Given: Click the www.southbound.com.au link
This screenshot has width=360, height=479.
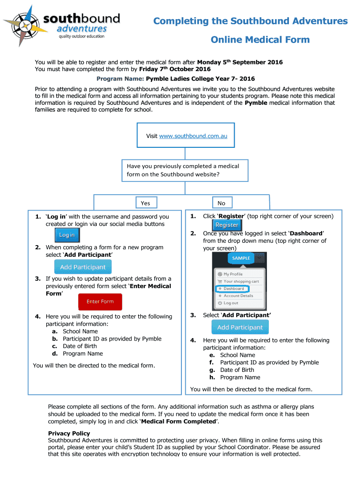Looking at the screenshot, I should tap(193, 136).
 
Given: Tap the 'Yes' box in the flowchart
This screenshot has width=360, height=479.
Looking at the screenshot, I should tap(145, 203).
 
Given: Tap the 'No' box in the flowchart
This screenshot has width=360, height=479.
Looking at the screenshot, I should tap(221, 203).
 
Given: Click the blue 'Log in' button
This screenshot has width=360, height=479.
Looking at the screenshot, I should tap(66, 235).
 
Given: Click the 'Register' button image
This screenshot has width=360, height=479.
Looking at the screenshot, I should tap(227, 225).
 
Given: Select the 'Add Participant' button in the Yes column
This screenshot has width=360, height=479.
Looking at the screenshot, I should tap(83, 267).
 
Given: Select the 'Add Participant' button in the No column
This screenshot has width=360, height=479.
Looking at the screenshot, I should tap(240, 327).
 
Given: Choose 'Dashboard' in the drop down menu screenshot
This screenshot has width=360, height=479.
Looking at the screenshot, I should tap(233, 289).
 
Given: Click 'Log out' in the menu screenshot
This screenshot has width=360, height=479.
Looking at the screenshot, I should tap(231, 303).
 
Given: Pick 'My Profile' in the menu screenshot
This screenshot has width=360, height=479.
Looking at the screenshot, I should tap(233, 274).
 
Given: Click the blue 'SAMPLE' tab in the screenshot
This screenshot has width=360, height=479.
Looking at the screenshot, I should tap(241, 258).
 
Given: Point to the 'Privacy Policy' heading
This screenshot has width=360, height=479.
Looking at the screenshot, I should tap(69, 433).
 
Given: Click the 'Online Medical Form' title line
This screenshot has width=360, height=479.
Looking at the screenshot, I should tap(260, 40).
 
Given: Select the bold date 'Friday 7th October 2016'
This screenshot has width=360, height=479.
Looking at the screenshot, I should tap(174, 69).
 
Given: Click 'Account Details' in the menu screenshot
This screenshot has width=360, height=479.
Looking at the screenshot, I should tap(238, 296).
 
